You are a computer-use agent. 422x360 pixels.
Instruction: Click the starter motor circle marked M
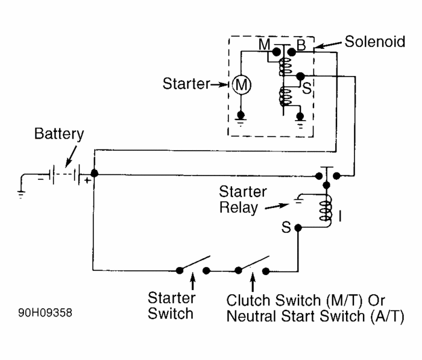click(241, 86)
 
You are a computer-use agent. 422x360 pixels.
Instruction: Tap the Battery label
click(59, 134)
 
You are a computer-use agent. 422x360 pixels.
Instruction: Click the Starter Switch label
click(171, 306)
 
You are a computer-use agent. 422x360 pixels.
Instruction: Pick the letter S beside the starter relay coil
click(286, 228)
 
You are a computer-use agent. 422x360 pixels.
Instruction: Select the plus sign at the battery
click(87, 180)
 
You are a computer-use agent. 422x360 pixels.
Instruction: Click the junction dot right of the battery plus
click(94, 174)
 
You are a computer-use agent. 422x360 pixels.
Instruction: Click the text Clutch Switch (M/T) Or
click(306, 300)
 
